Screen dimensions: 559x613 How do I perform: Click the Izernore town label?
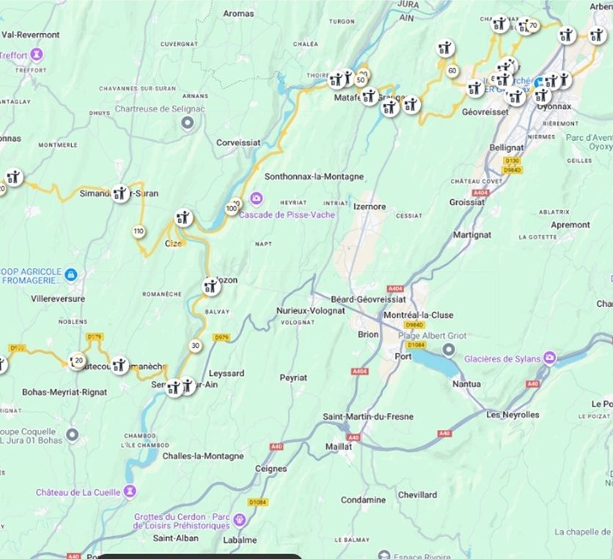[x=369, y=206]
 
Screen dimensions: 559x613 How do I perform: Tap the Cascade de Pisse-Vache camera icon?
[x=256, y=198]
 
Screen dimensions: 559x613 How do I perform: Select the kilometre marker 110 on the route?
[x=139, y=232]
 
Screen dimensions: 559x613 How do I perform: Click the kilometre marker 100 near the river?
[x=231, y=209]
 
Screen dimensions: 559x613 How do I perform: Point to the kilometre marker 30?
[x=194, y=346]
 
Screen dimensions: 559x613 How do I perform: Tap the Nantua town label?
[x=467, y=384]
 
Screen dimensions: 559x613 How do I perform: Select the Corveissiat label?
[x=239, y=143]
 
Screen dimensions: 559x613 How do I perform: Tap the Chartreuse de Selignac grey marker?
[x=188, y=123]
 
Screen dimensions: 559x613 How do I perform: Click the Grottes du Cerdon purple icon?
[x=239, y=521]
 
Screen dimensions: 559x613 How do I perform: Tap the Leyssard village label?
[x=227, y=373]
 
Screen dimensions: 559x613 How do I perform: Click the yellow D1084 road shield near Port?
[x=416, y=345]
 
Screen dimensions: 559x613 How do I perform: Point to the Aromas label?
[x=238, y=13]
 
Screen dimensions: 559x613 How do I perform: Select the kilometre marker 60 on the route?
[x=452, y=70]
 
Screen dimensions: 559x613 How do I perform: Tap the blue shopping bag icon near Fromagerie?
[x=71, y=274]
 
